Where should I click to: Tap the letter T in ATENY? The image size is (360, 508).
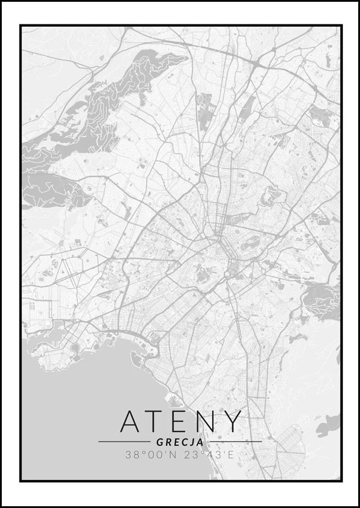coord(156,421)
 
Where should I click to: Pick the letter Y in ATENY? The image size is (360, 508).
coord(233,421)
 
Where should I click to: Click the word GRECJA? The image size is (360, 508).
coord(180,442)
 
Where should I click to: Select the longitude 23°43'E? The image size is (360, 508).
coord(209,455)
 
